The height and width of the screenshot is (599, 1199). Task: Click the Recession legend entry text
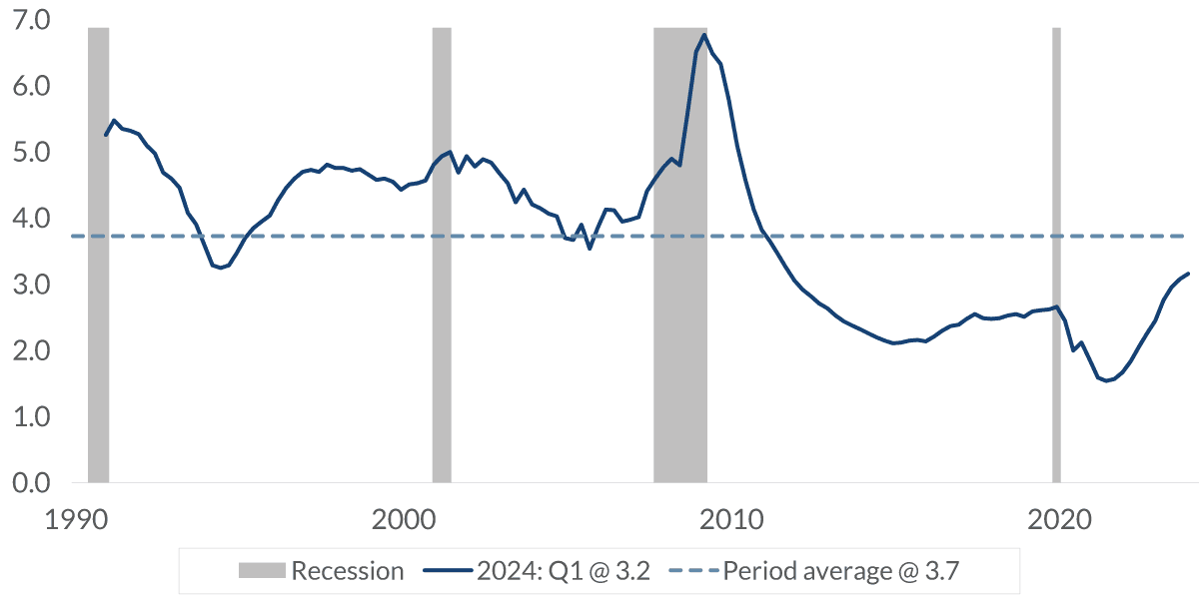click(347, 571)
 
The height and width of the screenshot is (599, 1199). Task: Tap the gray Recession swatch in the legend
click(261, 571)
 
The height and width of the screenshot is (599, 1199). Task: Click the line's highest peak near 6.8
click(704, 35)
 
